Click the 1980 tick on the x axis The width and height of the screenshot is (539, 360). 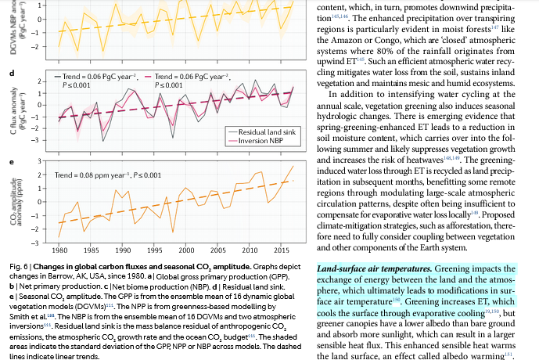(x=59, y=250)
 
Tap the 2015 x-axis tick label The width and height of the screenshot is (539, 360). (x=279, y=250)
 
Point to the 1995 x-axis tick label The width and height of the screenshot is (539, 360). (x=154, y=250)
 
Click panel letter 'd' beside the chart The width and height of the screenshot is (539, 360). (x=10, y=74)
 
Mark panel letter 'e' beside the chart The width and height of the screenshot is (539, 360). (x=10, y=163)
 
